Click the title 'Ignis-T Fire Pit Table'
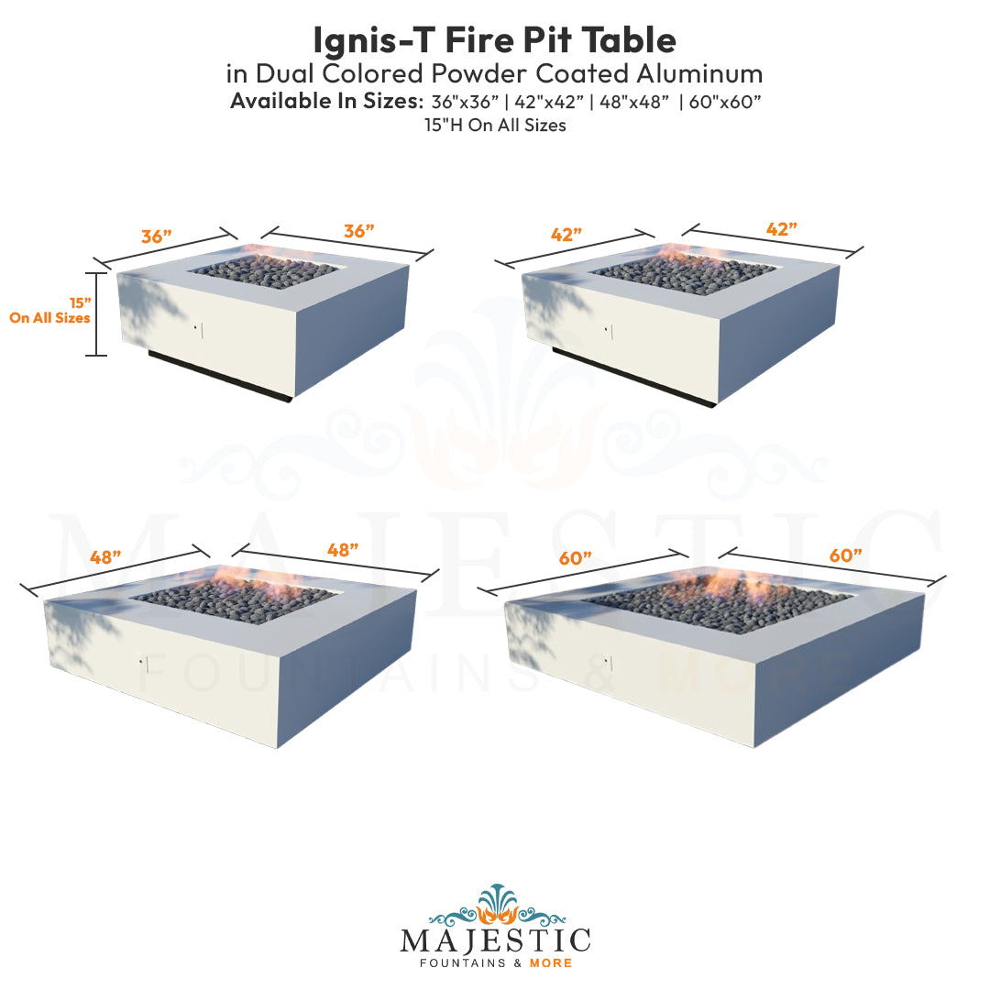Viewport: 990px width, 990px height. pyautogui.click(x=495, y=39)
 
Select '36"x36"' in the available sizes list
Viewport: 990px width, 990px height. pyautogui.click(x=466, y=102)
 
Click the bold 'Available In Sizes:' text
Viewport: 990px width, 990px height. pyautogui.click(x=326, y=102)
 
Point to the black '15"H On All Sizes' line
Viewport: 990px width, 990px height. pyautogui.click(x=495, y=126)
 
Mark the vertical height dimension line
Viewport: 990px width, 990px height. pyautogui.click(x=96, y=314)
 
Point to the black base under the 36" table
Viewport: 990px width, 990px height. pyautogui.click(x=220, y=376)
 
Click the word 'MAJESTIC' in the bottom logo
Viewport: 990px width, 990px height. pyautogui.click(x=495, y=941)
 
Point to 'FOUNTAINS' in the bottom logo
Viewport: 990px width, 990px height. pyautogui.click(x=459, y=963)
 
